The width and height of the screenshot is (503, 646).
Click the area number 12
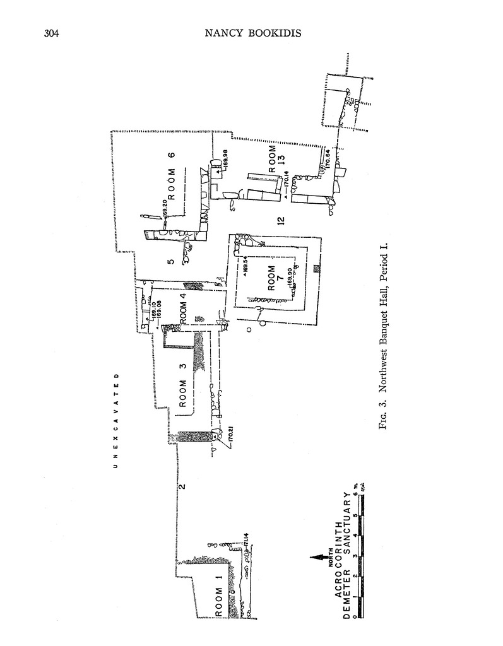pos(281,220)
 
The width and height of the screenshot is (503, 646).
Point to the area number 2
pos(181,486)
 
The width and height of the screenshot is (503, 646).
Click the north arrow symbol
pos(322,557)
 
